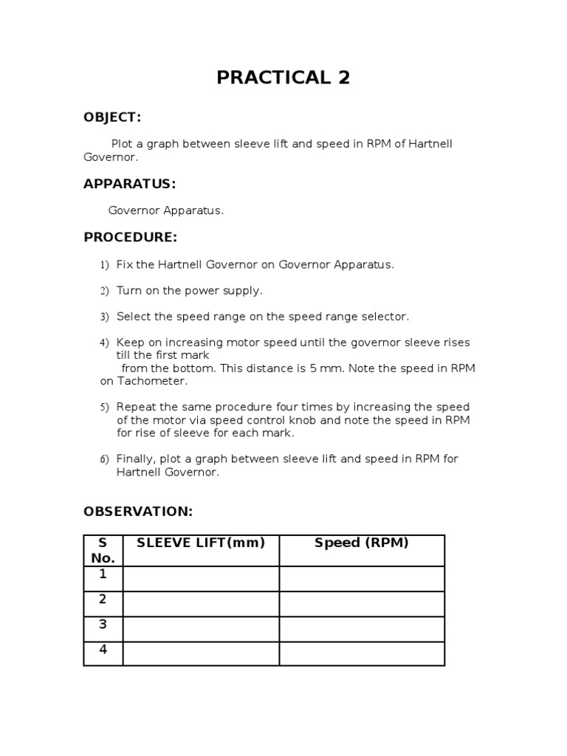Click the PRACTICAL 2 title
click(x=283, y=78)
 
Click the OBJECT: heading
click(x=112, y=117)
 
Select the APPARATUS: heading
click(x=129, y=184)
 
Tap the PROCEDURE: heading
click(x=130, y=237)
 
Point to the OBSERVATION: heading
click(x=138, y=511)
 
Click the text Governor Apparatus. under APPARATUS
click(x=165, y=210)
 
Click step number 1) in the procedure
click(x=104, y=265)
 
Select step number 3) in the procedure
click(x=104, y=317)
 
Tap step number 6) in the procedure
click(x=104, y=459)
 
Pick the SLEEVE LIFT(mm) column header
click(x=201, y=543)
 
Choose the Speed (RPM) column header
click(x=362, y=543)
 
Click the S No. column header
click(x=103, y=551)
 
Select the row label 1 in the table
click(x=103, y=574)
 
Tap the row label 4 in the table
click(x=103, y=650)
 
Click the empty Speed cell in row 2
click(x=362, y=604)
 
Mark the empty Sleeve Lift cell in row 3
click(x=201, y=629)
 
